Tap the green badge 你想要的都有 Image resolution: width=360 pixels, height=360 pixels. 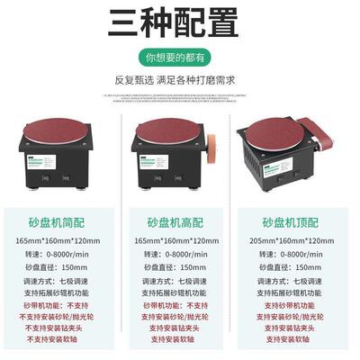180,55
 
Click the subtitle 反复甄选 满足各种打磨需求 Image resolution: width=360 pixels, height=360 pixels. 180,78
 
